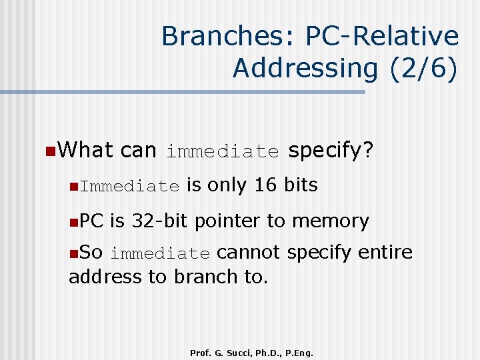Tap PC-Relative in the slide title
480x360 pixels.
(x=382, y=36)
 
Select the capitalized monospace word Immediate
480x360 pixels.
(x=130, y=187)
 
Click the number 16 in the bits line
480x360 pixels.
(x=265, y=185)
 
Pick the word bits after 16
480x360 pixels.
(x=301, y=185)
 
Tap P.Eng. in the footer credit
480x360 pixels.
(x=297, y=352)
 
